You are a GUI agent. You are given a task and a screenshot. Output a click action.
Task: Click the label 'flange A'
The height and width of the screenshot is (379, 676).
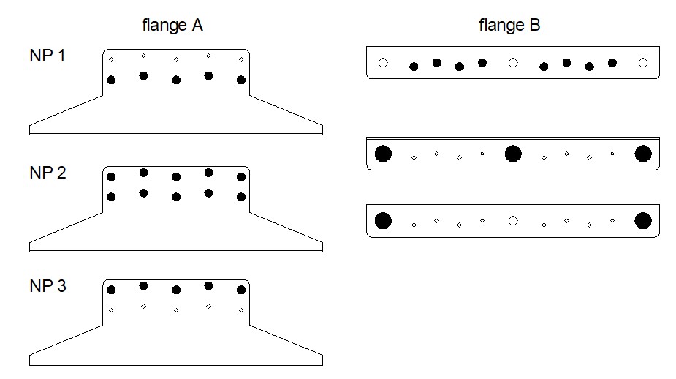pos(172,26)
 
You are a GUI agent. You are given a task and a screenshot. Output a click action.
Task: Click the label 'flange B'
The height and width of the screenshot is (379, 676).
pos(509,26)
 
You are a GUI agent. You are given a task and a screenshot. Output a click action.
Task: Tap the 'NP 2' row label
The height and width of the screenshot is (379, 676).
pos(48,173)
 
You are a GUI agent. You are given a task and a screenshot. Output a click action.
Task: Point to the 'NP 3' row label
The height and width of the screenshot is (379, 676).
pos(48,286)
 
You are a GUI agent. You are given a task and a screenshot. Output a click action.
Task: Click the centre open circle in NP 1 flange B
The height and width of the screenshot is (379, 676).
pos(513,64)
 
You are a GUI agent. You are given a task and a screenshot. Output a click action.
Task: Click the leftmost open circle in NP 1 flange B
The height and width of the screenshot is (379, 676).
pos(382,64)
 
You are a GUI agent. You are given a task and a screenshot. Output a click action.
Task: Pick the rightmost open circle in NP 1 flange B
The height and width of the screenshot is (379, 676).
pos(643,64)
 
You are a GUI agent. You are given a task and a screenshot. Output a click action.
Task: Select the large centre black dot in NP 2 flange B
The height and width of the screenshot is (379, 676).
pos(513,154)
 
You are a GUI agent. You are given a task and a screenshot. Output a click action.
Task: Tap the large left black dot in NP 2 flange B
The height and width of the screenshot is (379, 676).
pos(382,154)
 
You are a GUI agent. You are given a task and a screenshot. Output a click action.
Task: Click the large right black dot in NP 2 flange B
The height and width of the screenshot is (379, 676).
pos(643,154)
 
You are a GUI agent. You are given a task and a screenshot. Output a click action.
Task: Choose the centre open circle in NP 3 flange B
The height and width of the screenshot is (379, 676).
pos(513,220)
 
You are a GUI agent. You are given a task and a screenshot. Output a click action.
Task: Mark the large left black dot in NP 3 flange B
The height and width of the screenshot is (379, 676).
pos(382,220)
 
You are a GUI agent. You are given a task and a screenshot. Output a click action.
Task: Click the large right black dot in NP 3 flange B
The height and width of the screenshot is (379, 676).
pos(643,220)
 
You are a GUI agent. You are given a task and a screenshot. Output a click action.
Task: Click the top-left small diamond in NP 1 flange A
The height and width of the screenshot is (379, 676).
pos(111,59)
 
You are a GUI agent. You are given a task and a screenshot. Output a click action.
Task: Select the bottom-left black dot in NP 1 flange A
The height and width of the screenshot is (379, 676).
pos(111,80)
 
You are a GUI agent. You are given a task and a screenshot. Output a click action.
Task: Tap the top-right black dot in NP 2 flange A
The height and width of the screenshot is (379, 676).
pos(241,176)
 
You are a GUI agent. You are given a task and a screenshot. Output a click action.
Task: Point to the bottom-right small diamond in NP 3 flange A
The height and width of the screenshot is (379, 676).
pos(241,310)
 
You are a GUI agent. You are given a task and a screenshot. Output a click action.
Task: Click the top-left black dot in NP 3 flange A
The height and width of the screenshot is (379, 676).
pos(111,290)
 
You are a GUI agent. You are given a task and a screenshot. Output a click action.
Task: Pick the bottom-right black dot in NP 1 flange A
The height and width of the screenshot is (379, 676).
pos(241,80)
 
